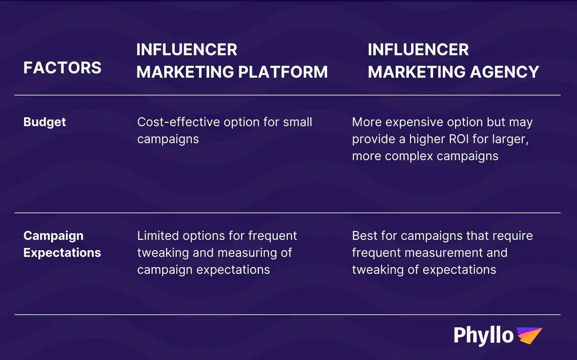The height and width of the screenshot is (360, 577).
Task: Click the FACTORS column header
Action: pos(62,68)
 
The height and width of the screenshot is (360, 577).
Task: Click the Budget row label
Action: pos(45,122)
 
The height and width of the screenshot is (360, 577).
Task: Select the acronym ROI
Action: pos(469,139)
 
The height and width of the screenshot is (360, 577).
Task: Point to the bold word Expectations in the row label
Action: pos(62,253)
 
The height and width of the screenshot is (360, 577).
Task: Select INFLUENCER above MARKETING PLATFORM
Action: pos(187,50)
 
